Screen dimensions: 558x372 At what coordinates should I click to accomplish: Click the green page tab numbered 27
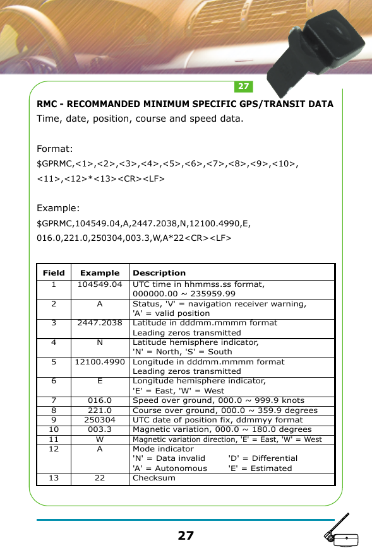coord(244,86)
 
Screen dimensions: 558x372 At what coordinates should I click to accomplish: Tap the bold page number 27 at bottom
coord(186,536)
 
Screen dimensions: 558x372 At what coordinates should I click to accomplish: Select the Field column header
coord(54,273)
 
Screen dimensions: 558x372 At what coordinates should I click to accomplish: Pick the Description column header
coord(159,273)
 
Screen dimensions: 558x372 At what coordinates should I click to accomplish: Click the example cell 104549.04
coord(100,284)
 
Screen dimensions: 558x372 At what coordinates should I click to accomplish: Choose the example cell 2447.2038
coord(100,323)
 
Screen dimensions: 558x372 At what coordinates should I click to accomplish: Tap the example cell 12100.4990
coord(100,363)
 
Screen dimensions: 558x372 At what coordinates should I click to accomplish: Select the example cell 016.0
coord(100,400)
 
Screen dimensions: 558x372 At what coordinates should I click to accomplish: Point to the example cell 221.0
coord(100,410)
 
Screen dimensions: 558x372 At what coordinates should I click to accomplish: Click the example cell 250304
coord(100,420)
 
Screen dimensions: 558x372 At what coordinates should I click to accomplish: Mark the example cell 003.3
coord(100,429)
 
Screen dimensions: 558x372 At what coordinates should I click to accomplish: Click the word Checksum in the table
coord(154,478)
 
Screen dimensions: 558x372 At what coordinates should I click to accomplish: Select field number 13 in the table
coord(54,478)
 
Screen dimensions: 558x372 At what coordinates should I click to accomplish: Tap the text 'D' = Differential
coord(263,458)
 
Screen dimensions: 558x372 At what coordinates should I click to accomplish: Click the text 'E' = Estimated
coord(260,468)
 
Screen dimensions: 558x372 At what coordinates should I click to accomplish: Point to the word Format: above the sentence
coord(56,149)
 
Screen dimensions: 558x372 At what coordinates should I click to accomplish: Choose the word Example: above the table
coord(59,208)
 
